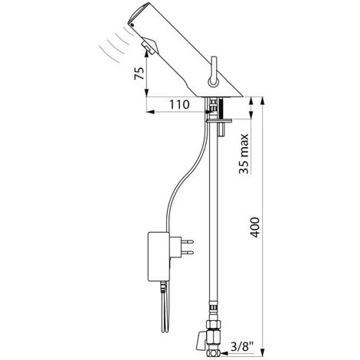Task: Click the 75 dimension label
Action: pyautogui.click(x=139, y=74)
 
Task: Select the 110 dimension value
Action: pyautogui.click(x=179, y=104)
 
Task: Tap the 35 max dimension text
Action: pyautogui.click(x=244, y=154)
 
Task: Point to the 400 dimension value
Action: pyautogui.click(x=254, y=227)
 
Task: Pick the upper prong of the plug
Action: pyautogui.click(x=187, y=241)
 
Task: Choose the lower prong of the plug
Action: pyautogui.click(x=187, y=253)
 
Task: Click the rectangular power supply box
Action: pyautogui.click(x=159, y=257)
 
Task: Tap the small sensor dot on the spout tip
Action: pyautogui.click(x=133, y=25)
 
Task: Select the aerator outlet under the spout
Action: pyautogui.click(x=149, y=45)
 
